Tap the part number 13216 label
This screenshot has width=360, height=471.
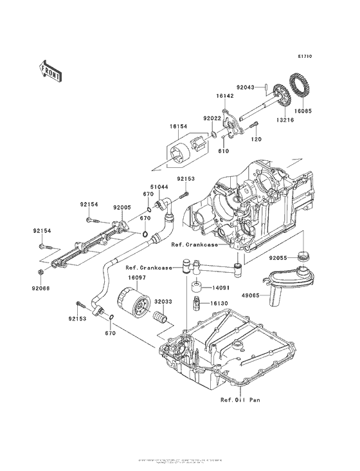point(275,119)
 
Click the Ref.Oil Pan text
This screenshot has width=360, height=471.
point(240,400)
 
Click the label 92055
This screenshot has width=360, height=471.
point(284,256)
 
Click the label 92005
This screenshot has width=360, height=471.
point(123,208)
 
